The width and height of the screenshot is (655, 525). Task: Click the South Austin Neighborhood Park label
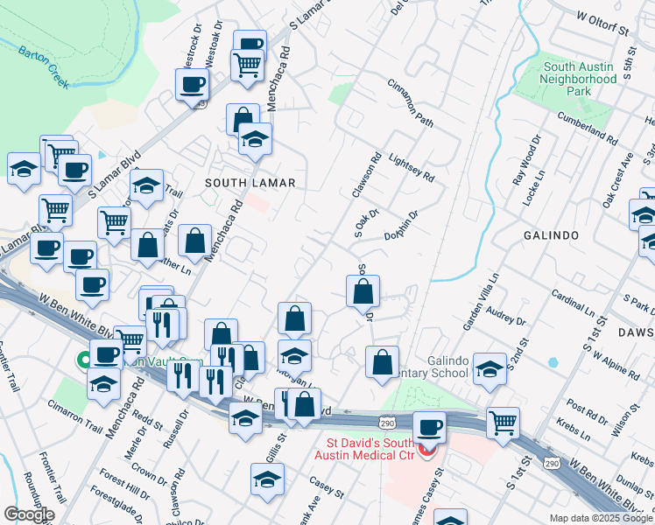coord(580,79)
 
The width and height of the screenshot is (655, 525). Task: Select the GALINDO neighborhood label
coord(553,236)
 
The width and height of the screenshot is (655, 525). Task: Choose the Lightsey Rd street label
coord(410,164)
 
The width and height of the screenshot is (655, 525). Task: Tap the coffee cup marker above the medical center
coord(429,428)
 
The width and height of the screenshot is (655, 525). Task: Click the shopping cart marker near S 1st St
coord(504,423)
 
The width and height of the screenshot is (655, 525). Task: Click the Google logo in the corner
coord(29,514)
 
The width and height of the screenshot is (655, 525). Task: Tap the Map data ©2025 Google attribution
coord(600,518)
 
